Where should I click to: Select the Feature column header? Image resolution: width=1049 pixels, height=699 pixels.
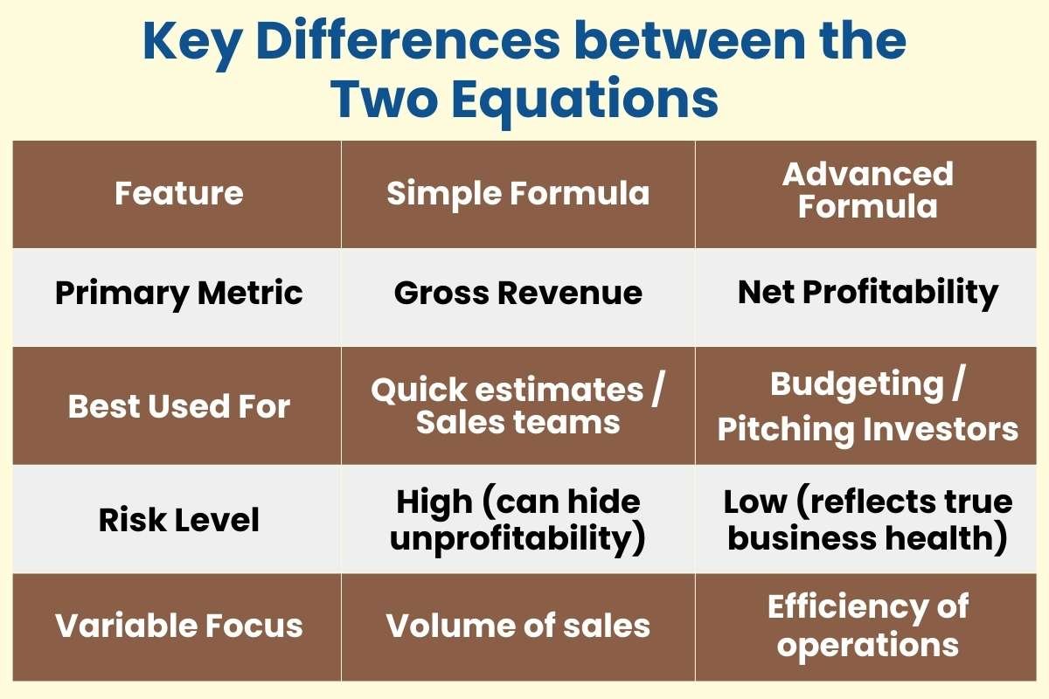pyautogui.click(x=178, y=193)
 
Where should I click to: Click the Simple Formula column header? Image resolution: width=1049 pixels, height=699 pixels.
pyautogui.click(x=518, y=193)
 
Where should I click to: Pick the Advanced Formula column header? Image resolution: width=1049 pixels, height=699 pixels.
pyautogui.click(x=868, y=190)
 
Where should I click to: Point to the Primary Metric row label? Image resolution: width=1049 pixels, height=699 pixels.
pyautogui.click(x=178, y=294)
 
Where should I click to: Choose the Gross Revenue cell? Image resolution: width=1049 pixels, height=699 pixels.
pyautogui.click(x=518, y=294)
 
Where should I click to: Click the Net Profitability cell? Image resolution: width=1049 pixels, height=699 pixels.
pyautogui.click(x=868, y=294)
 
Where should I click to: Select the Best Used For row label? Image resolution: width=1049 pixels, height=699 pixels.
pyautogui.click(x=178, y=406)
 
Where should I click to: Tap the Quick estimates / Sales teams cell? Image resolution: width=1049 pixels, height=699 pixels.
pyautogui.click(x=518, y=406)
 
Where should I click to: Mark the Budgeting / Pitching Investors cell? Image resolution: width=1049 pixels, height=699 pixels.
pyautogui.click(x=868, y=406)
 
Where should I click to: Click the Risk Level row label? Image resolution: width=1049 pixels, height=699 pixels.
pyautogui.click(x=178, y=520)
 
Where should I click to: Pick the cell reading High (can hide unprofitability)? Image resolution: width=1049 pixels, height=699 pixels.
pyautogui.click(x=518, y=520)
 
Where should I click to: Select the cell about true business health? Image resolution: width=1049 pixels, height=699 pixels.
pyautogui.click(x=868, y=520)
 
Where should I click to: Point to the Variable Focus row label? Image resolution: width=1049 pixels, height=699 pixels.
pyautogui.click(x=178, y=626)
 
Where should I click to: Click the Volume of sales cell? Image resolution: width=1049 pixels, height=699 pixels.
pyautogui.click(x=518, y=626)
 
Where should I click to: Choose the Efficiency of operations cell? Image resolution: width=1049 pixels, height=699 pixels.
pyautogui.click(x=868, y=626)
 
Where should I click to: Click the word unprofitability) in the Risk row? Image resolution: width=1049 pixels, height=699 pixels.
pyautogui.click(x=518, y=539)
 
